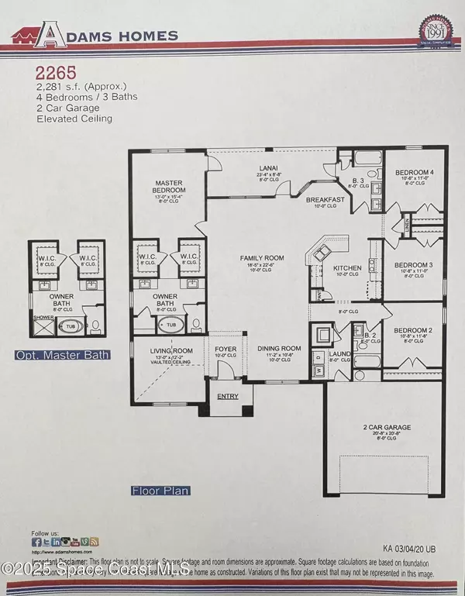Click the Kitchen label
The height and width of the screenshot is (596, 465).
tap(344, 268)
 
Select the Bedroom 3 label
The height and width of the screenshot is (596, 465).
tap(412, 265)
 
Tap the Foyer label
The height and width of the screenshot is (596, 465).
tap(226, 350)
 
